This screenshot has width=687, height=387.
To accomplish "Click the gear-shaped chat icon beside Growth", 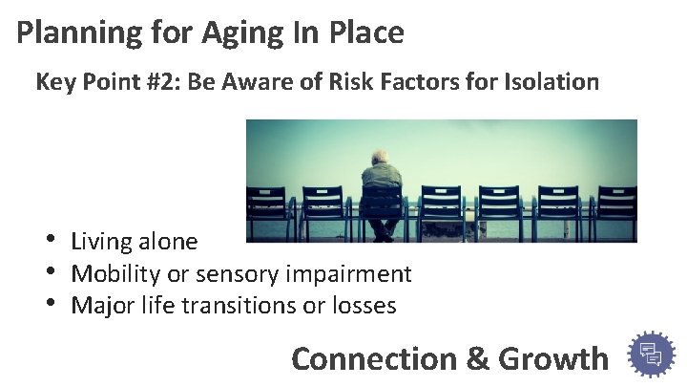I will click(x=652, y=355).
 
